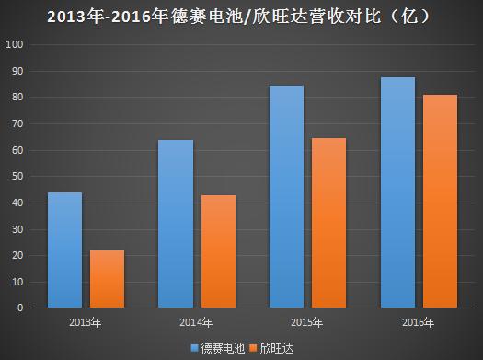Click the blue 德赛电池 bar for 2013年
64,250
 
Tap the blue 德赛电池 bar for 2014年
176,224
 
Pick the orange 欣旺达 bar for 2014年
218,251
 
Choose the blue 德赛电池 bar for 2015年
287,196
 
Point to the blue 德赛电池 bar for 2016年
397,192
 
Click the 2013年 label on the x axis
86,322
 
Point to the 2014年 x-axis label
197,322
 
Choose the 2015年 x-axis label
308,322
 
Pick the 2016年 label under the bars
419,322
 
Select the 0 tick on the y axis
26,308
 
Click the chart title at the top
241,16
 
